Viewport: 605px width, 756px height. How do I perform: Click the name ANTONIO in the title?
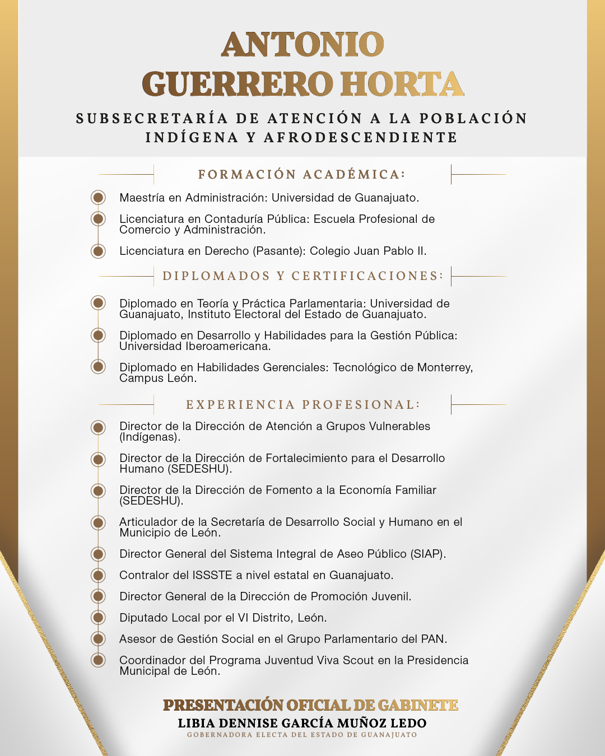[x=302, y=45]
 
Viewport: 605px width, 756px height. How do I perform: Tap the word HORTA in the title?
[x=402, y=85]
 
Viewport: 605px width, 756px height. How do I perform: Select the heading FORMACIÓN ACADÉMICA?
[x=301, y=175]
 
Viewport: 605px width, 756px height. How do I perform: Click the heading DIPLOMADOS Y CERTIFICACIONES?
[x=302, y=276]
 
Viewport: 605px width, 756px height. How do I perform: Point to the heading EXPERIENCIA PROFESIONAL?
[x=302, y=405]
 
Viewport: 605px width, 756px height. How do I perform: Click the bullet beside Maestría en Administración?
[x=99, y=198]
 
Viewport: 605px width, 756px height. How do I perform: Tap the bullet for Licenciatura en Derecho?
[x=99, y=251]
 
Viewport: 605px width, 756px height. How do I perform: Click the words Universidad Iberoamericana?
[x=195, y=347]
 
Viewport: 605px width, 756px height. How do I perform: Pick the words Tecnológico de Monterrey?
[x=402, y=367]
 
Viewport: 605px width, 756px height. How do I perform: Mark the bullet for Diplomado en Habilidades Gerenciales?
[x=99, y=367]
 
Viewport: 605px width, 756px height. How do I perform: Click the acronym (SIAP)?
[x=429, y=554]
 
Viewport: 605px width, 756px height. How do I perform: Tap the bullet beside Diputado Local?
[x=99, y=618]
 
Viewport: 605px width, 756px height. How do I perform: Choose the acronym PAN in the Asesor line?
[x=434, y=639]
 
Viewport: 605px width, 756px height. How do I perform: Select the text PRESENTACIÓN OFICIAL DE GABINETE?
[x=310, y=706]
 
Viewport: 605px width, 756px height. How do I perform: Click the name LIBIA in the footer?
[x=196, y=724]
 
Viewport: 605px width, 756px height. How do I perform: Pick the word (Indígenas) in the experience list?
[x=150, y=437]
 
